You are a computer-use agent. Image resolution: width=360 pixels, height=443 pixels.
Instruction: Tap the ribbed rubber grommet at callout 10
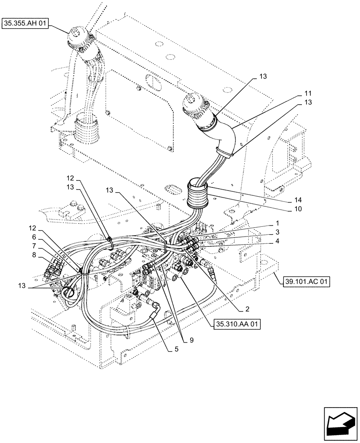click(198, 194)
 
